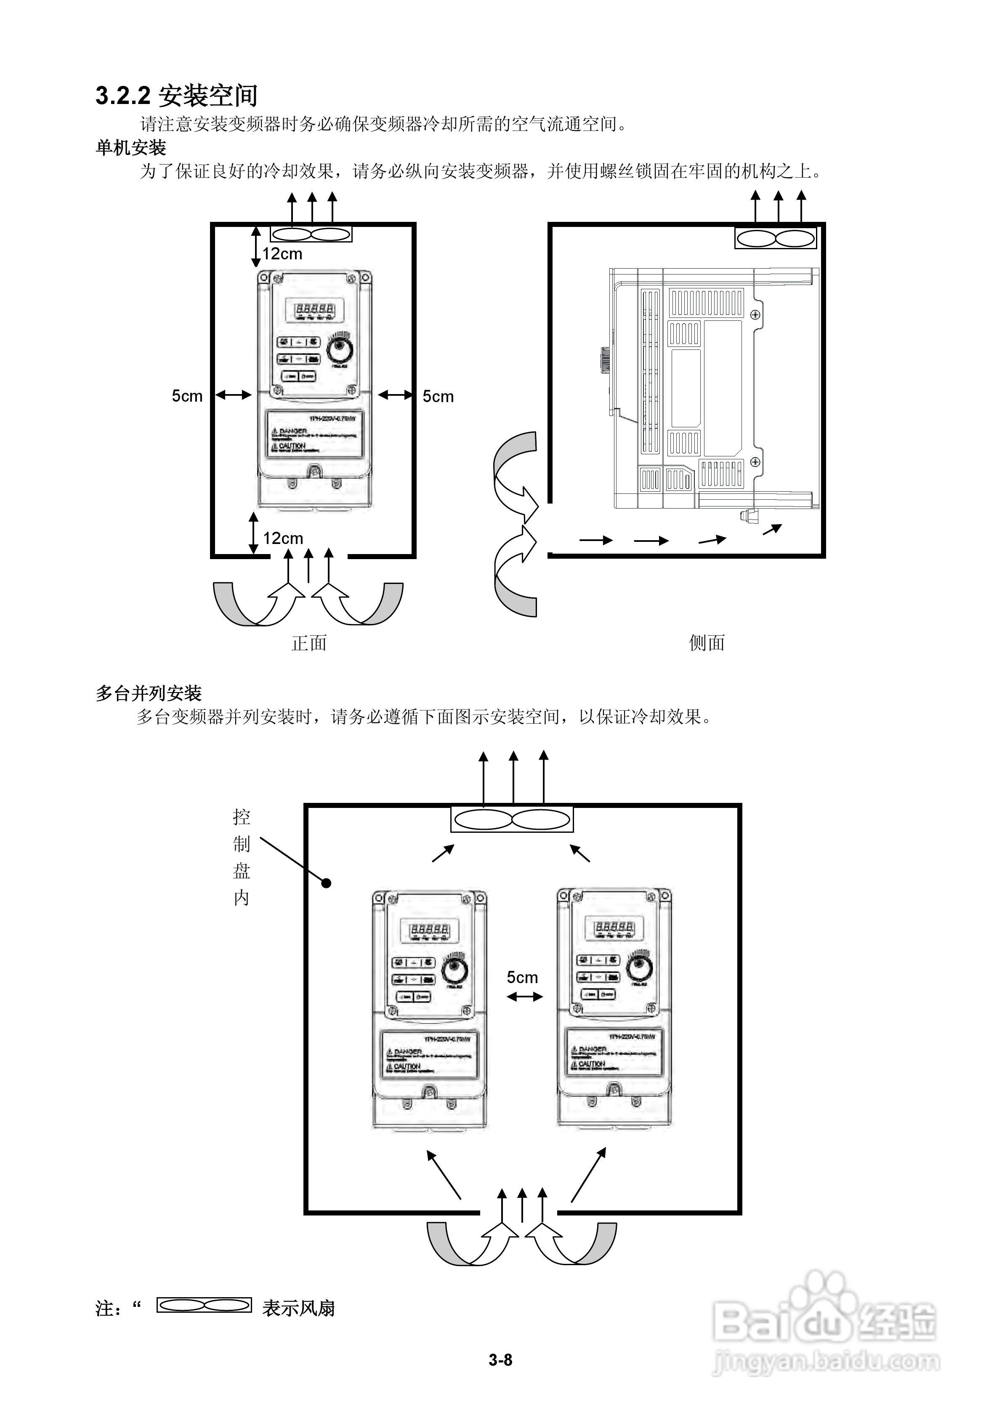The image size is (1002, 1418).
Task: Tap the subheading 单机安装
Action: tap(131, 148)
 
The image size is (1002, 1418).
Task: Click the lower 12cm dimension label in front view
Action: tap(283, 538)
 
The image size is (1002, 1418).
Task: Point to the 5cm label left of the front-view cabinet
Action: tap(187, 396)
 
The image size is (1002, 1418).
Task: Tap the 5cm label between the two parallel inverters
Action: tap(522, 977)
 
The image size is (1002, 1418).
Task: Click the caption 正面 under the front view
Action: tap(309, 643)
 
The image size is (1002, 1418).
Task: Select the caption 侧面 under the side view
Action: tap(707, 643)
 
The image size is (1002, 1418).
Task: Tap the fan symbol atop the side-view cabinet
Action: tap(776, 238)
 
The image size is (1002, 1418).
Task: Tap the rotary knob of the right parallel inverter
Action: tap(638, 967)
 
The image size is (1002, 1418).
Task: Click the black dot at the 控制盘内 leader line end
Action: tap(327, 883)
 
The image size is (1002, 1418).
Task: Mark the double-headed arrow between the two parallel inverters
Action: tap(524, 996)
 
